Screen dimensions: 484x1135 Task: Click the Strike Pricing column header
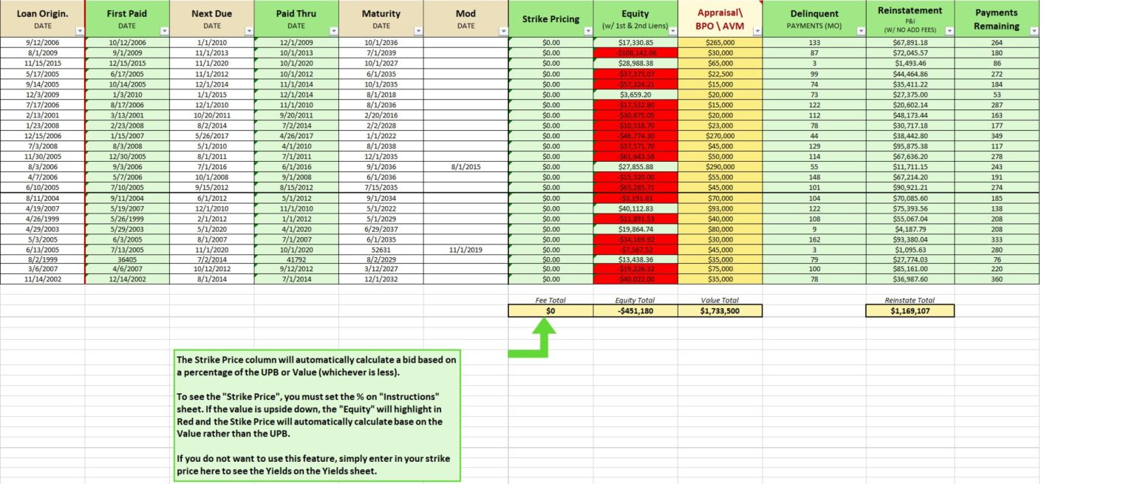point(551,18)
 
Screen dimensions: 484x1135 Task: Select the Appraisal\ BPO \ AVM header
point(720,18)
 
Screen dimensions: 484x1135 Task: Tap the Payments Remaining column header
point(996,18)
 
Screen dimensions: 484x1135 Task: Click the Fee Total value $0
point(551,311)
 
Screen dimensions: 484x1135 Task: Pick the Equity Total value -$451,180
point(635,311)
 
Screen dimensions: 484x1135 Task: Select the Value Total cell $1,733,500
point(720,311)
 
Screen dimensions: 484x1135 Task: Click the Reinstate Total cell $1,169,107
point(910,311)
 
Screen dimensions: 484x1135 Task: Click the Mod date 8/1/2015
point(466,167)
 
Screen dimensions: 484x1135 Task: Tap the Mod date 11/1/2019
point(466,250)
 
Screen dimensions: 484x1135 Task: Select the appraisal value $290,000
point(720,167)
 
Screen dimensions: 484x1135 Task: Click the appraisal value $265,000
point(720,43)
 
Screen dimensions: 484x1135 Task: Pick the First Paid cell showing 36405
point(127,260)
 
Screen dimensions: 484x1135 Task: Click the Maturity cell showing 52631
point(381,250)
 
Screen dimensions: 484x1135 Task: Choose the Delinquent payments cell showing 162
point(814,239)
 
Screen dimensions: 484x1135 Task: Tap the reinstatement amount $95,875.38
point(910,146)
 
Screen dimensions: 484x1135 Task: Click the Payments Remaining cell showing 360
point(996,281)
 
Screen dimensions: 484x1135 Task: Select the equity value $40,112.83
point(635,208)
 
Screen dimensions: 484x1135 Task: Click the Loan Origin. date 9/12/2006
point(42,43)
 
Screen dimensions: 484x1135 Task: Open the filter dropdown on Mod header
point(502,31)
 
